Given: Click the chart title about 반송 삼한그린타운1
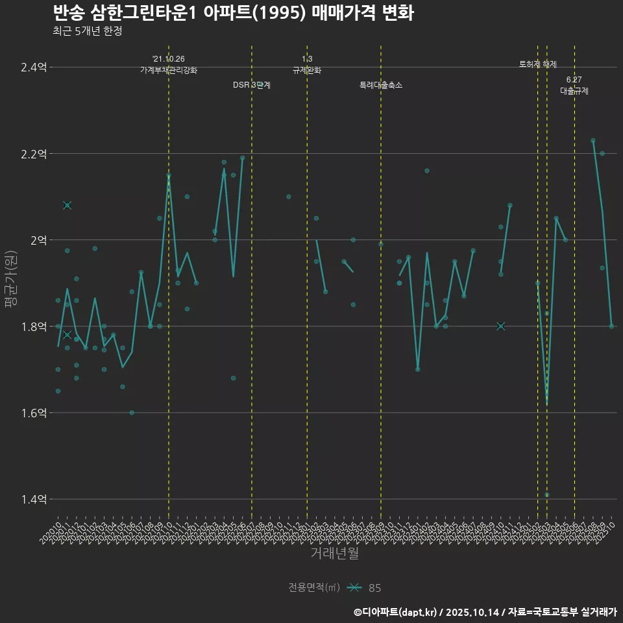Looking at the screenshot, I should click(x=233, y=13).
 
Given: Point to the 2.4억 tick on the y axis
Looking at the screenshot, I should click(x=34, y=67).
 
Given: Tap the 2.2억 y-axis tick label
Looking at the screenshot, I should click(x=34, y=154).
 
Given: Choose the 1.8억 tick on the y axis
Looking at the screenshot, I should click(x=34, y=326).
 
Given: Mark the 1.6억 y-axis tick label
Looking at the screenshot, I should click(x=34, y=413).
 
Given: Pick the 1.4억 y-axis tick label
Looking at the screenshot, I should click(x=34, y=499).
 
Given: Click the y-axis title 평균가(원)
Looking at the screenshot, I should click(x=10, y=283).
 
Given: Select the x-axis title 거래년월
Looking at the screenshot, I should click(x=334, y=553).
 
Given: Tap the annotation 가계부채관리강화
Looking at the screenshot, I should click(x=169, y=70).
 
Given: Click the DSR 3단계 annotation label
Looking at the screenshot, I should click(x=252, y=85).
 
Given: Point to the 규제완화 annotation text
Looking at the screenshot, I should click(x=307, y=70).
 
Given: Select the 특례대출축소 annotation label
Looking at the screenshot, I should click(x=381, y=85).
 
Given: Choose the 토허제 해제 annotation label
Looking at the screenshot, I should click(x=538, y=64).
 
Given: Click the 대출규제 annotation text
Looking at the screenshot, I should click(x=574, y=92).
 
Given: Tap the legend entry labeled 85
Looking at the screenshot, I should click(x=374, y=588).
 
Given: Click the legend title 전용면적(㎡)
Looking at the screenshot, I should click(x=314, y=588).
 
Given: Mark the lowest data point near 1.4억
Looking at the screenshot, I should click(x=547, y=495).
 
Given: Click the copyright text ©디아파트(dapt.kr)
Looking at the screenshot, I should click(x=396, y=611).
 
